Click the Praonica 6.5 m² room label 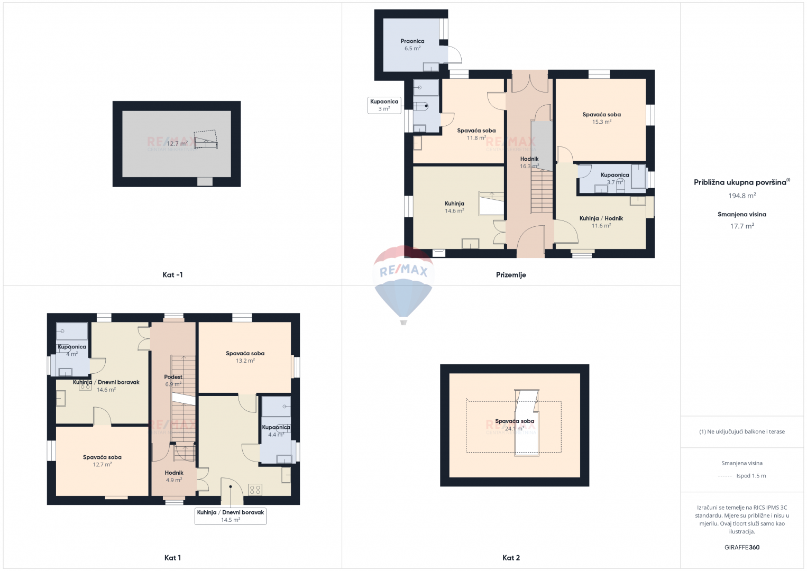coord(412,44)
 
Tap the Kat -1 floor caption coord(172,275)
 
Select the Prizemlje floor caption coord(511,275)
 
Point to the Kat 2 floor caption coord(511,558)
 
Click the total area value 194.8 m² coord(742,196)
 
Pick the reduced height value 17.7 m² coord(742,226)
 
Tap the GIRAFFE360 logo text coord(742,547)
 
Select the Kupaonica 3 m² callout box coord(384,105)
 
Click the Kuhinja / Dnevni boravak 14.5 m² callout coord(231,516)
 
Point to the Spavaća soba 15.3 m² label coord(601,118)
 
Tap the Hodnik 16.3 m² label coord(529,162)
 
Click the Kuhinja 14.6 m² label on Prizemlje coord(454,207)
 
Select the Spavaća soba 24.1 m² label coord(515,425)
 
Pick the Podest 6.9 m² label coord(173,381)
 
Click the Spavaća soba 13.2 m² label coord(245,357)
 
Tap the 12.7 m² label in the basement coord(177,144)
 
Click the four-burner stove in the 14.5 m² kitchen coord(255,490)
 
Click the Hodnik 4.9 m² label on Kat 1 coord(174,476)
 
